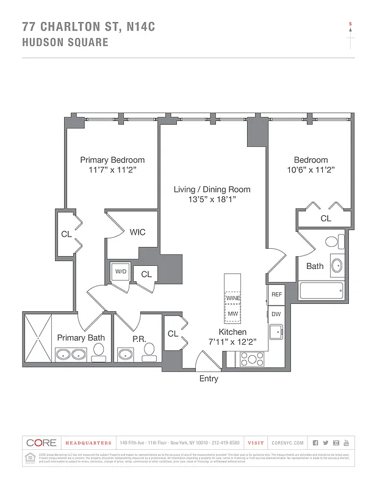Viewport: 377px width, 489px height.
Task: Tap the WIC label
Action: pos(137,232)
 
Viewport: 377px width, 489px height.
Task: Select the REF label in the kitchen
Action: pos(276,294)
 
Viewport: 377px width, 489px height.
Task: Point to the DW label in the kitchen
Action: pos(276,314)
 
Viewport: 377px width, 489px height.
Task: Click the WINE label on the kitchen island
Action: pos(232,299)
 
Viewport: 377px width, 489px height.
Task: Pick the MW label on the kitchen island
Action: pos(232,314)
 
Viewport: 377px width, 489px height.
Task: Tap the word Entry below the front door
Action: pos(209,379)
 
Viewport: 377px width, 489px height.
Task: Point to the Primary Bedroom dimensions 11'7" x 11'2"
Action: pos(112,170)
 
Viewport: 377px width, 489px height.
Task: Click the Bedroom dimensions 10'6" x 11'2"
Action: pos(311,170)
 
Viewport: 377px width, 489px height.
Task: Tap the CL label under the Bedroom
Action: pos(326,218)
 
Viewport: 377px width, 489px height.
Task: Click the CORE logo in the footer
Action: pos(41,443)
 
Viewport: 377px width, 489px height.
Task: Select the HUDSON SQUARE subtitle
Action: pos(65,42)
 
